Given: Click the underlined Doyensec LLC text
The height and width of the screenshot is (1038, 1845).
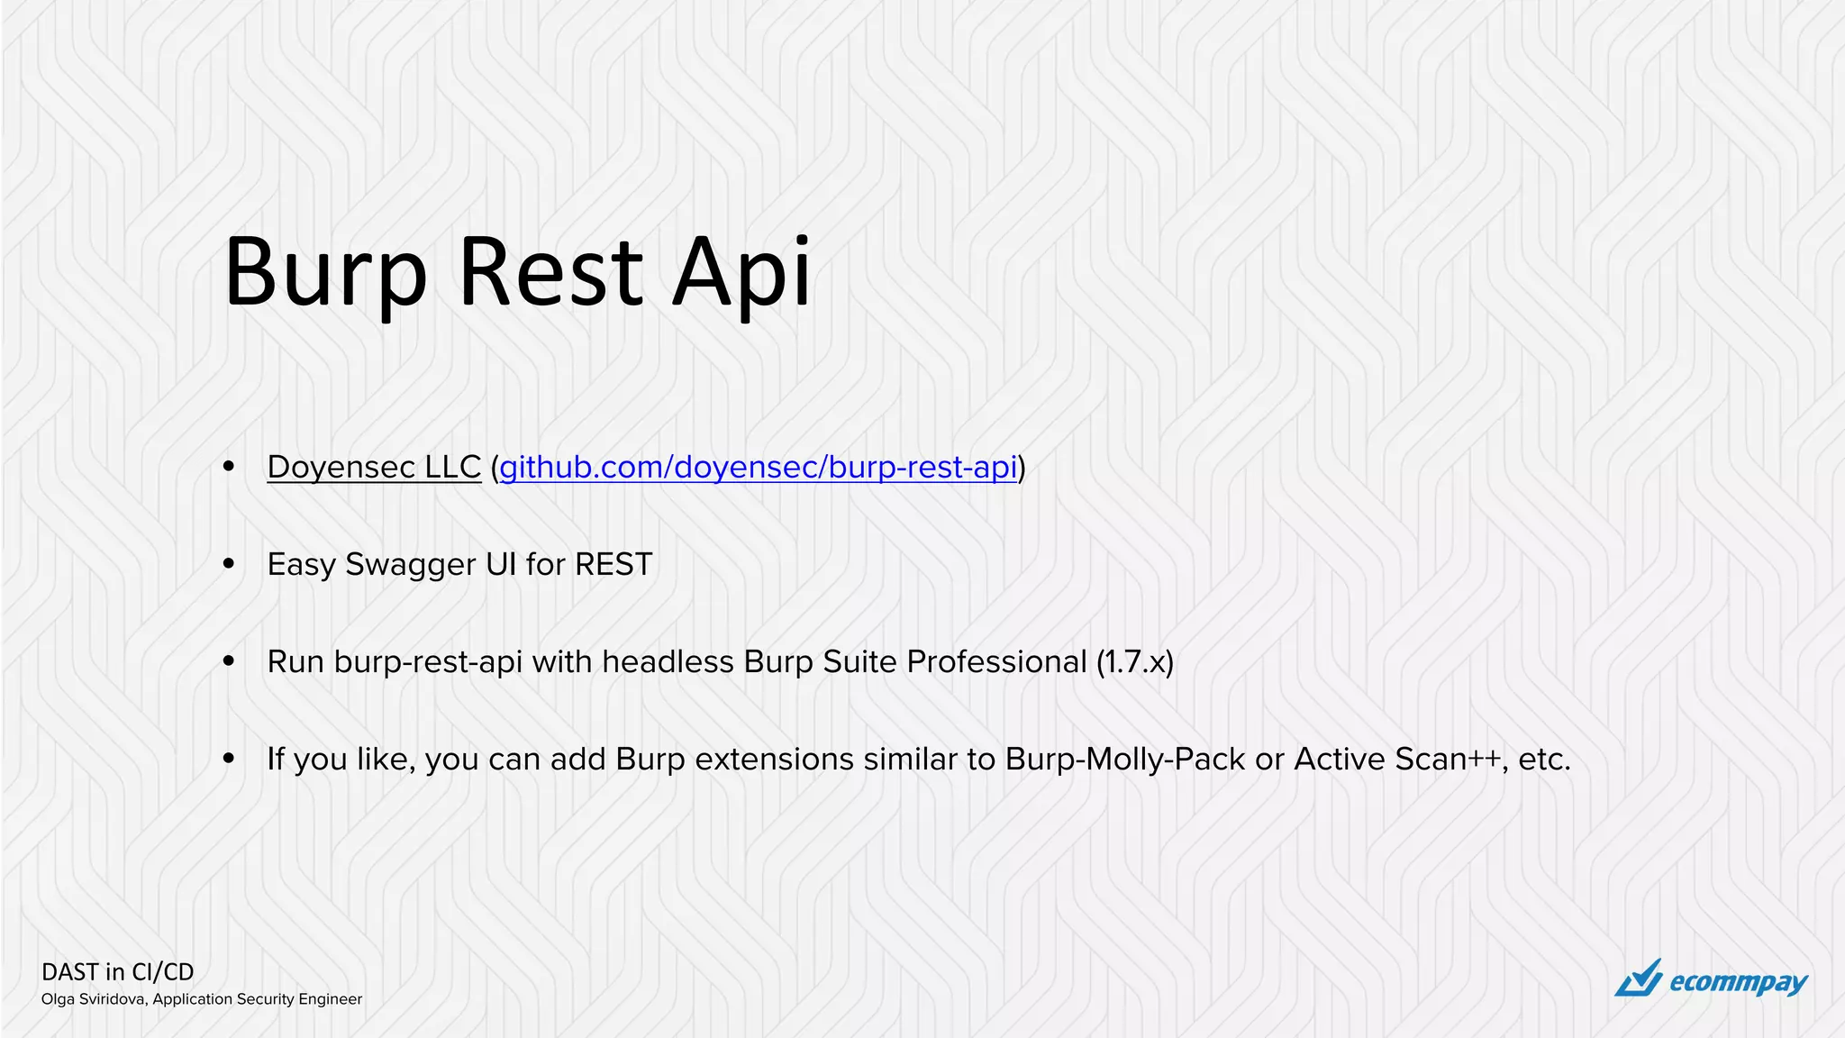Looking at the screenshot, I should [x=374, y=467].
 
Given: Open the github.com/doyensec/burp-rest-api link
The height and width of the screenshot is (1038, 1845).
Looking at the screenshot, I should [x=758, y=467].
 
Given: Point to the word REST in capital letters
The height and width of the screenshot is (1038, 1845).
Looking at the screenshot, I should [x=613, y=564].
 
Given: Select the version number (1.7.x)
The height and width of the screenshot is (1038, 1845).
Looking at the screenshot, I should [x=1135, y=662].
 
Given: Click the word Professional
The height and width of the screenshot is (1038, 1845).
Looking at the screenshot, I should [x=996, y=662].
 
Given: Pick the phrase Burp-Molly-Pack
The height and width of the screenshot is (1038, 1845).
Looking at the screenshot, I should [x=1125, y=760].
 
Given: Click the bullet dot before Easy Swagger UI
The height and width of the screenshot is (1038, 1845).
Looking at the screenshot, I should [x=229, y=564].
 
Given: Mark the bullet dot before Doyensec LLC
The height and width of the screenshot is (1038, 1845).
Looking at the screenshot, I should [x=229, y=467].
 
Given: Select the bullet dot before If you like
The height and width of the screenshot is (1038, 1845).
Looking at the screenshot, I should [x=229, y=759].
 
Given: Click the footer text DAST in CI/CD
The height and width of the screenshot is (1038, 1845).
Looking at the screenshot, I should [x=118, y=972].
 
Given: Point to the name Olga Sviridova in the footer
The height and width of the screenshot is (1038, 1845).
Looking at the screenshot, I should [x=94, y=999].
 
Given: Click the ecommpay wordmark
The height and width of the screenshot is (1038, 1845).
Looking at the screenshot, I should [x=1738, y=982].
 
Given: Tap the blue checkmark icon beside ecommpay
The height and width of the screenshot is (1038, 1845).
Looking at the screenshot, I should [x=1639, y=979].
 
